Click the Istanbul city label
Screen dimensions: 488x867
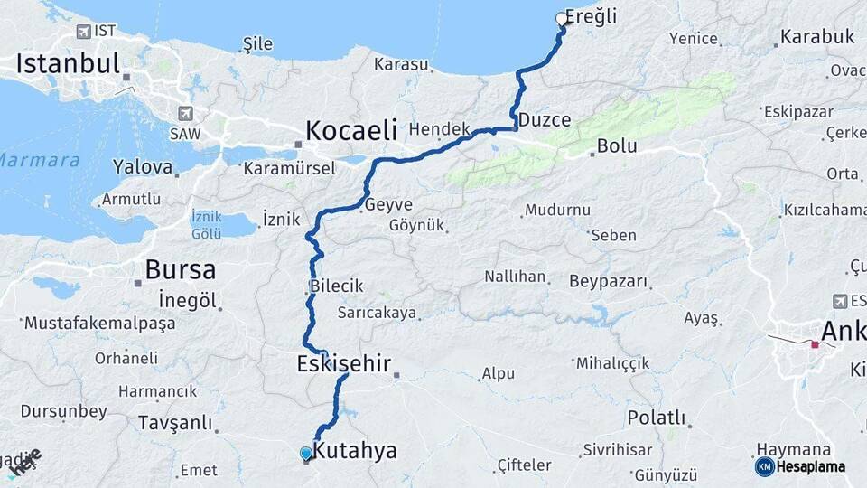(x=68, y=63)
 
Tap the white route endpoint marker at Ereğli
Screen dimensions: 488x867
(x=562, y=19)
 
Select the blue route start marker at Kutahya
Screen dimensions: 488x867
(x=306, y=454)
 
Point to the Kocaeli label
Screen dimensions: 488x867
(x=350, y=130)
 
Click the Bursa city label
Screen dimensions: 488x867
(x=180, y=269)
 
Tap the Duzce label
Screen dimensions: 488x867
(x=545, y=120)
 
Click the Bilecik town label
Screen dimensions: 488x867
(x=336, y=286)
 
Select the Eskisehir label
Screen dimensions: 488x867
(x=343, y=364)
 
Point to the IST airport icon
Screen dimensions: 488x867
(x=84, y=33)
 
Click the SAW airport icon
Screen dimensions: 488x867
(x=186, y=113)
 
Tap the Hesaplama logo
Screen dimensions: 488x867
(x=800, y=466)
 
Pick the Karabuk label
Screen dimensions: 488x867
(x=816, y=37)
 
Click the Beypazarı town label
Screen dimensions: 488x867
(x=610, y=281)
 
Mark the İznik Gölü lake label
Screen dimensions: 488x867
(x=206, y=225)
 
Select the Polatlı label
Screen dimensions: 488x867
(x=657, y=418)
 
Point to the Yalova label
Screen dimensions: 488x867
(x=142, y=166)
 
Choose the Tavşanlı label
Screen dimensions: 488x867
(x=175, y=422)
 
